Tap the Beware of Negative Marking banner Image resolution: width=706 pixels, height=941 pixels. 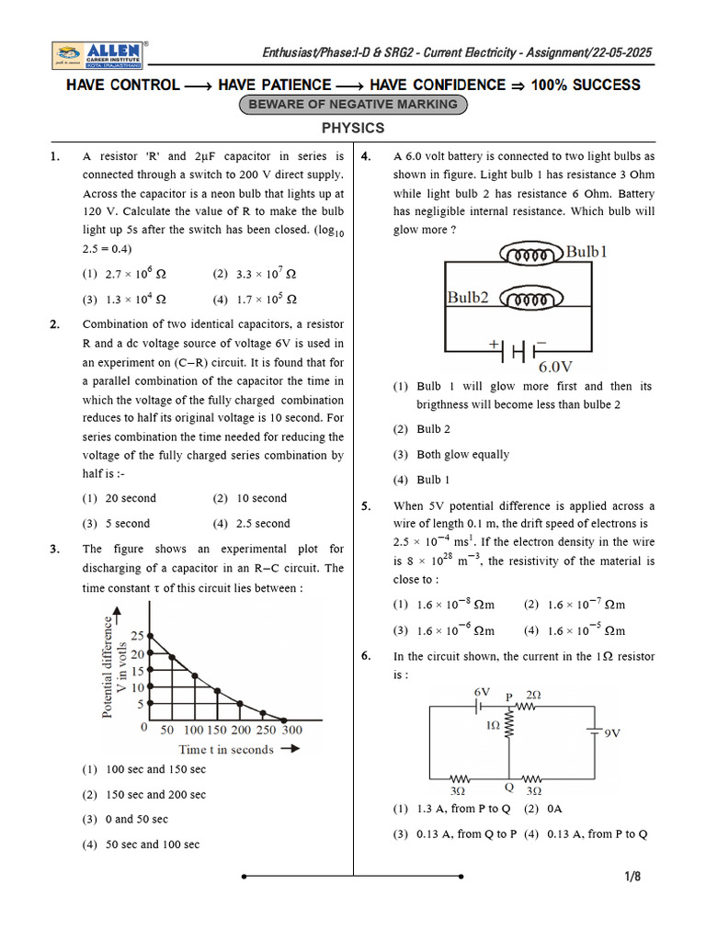353,105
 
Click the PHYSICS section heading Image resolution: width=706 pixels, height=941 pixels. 353,129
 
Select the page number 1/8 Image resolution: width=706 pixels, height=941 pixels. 632,877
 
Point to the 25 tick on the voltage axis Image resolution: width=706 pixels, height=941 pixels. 137,636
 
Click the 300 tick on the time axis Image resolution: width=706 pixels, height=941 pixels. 290,730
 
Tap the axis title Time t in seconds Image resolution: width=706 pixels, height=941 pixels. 226,750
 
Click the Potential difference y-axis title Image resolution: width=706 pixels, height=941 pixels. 108,666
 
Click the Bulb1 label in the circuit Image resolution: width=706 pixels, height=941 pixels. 586,251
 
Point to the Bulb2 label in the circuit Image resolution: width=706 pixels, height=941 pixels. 468,298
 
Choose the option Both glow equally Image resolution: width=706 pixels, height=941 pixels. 451,455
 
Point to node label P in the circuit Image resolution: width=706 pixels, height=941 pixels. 508,697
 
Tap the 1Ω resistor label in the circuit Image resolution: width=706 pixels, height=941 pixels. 494,726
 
